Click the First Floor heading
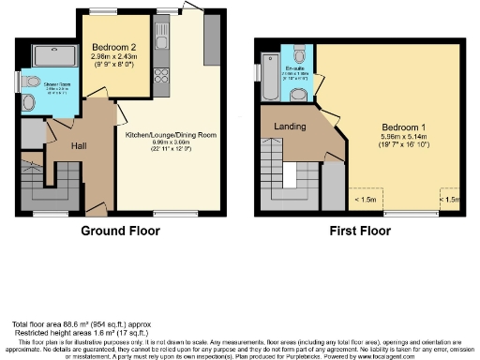(x=359, y=231)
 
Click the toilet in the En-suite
(x=297, y=51)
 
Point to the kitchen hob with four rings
(x=161, y=62)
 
